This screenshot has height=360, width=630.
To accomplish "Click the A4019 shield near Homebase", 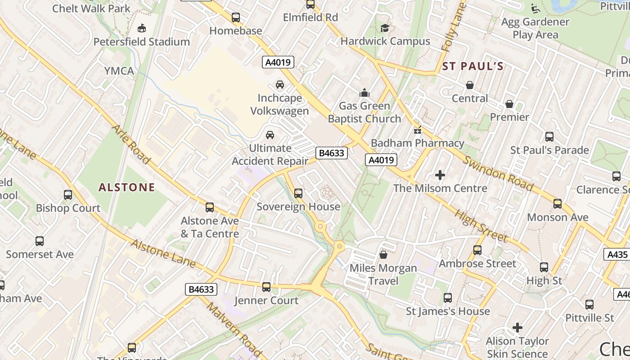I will click(278, 62).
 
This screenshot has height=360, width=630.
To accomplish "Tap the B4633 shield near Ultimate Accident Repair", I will click(331, 153).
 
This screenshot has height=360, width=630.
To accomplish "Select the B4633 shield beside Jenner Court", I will click(201, 289).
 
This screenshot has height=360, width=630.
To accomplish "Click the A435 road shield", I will click(617, 255).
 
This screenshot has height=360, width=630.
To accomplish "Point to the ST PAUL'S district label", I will click(472, 67).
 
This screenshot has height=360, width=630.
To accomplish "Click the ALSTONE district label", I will click(126, 187).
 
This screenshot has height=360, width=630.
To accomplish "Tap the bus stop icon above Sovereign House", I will click(298, 193).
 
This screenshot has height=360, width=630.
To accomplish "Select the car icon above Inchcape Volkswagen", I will click(280, 85).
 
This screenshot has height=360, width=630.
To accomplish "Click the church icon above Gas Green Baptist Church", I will click(364, 93).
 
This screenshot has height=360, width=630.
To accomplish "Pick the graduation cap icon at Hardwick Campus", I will click(385, 28).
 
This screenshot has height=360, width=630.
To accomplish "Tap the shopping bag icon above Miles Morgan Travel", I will click(383, 255).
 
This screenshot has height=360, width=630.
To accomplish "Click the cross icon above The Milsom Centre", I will click(440, 175).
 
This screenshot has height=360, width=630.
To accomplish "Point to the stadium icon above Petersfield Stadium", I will click(142, 28).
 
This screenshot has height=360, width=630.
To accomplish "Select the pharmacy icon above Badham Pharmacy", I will click(418, 130).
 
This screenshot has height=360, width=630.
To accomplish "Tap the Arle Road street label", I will click(130, 144).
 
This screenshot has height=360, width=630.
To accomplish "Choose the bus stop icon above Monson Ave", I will click(558, 204).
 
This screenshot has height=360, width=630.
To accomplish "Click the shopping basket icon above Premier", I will click(509, 104).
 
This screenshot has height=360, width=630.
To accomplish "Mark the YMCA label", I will click(119, 71).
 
